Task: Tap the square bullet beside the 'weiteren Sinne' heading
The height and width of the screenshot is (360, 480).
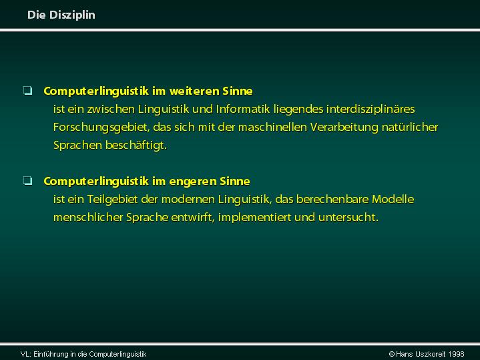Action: (27, 91)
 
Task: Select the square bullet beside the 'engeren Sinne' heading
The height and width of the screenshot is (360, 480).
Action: (27, 181)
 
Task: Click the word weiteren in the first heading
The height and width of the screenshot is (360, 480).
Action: (194, 91)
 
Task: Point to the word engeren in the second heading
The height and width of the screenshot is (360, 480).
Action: (193, 182)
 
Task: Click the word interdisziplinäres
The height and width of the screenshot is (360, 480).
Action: (371, 110)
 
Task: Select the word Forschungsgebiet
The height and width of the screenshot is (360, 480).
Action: (101, 128)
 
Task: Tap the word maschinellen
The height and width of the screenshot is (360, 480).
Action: (272, 127)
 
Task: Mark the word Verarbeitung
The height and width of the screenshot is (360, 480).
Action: (344, 128)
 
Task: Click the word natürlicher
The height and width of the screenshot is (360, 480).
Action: (410, 127)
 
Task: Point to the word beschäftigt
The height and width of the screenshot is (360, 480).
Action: (136, 146)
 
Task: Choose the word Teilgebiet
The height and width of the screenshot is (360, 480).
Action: (112, 200)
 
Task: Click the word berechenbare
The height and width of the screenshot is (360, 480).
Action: (332, 200)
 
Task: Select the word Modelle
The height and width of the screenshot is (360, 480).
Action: (393, 200)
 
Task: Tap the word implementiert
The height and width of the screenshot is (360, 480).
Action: (254, 218)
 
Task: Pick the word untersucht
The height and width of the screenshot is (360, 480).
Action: (348, 218)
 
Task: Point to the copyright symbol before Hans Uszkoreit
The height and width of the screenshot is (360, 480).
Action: (391, 354)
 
